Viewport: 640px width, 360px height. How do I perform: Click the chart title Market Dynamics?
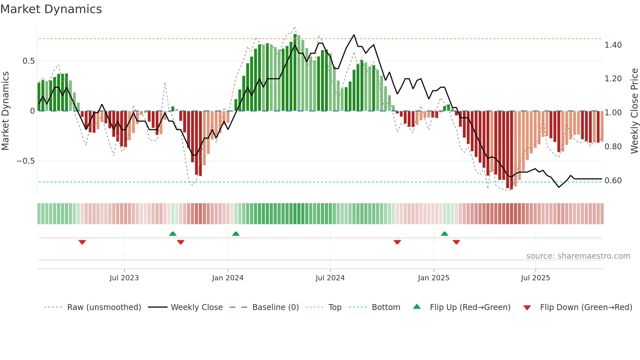tap(51, 9)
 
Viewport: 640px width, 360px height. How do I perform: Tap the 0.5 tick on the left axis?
tap(28, 61)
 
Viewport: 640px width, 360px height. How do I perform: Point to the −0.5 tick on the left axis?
tap(26, 161)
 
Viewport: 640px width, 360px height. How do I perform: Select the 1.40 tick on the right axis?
tap(613, 45)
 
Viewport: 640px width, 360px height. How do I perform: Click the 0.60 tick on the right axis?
tap(613, 181)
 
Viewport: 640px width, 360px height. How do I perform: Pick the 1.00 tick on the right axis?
tap(613, 113)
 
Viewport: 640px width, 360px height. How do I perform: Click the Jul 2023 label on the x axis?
tap(124, 278)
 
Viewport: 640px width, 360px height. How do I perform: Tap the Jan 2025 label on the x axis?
tap(434, 278)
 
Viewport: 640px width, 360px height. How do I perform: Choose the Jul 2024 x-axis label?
tap(330, 278)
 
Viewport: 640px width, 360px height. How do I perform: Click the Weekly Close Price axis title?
tap(634, 111)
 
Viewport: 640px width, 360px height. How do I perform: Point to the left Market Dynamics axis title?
tap(5, 111)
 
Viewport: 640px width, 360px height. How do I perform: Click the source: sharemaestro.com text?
tap(578, 256)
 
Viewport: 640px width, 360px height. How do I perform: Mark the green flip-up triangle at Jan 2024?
tap(236, 234)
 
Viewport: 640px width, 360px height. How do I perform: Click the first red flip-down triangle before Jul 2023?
tap(82, 242)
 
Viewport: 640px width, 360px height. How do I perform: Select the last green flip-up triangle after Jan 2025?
tap(444, 234)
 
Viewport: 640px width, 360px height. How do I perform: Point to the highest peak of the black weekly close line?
tap(354, 35)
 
